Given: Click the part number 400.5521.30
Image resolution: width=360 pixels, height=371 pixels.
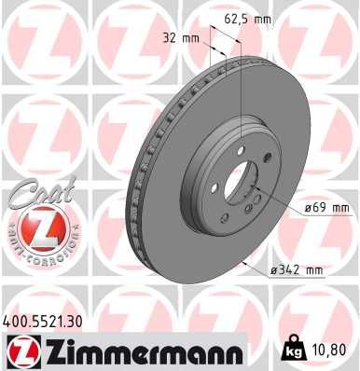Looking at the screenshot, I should tap(50, 320).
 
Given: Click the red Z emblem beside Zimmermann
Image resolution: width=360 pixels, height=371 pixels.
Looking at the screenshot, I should tap(22, 351).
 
